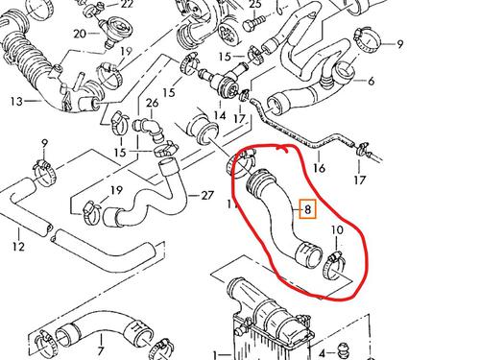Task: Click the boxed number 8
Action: pyautogui.click(x=307, y=209)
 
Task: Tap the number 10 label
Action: pyautogui.click(x=337, y=229)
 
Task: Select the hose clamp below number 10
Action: pyautogui.click(x=334, y=265)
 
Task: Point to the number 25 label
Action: pyautogui.click(x=255, y=5)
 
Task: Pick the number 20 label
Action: pyautogui.click(x=80, y=33)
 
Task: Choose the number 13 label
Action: pyautogui.click(x=16, y=102)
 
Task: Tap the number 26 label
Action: pyautogui.click(x=152, y=103)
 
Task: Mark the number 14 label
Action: pyautogui.click(x=220, y=115)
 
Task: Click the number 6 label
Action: pyautogui.click(x=371, y=81)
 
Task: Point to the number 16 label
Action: pyautogui.click(x=319, y=167)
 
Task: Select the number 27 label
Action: pyautogui.click(x=207, y=195)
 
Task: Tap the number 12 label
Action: pyautogui.click(x=19, y=247)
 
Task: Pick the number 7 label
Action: pyautogui.click(x=101, y=350)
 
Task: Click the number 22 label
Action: pyautogui.click(x=127, y=4)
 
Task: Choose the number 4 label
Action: pyautogui.click(x=322, y=353)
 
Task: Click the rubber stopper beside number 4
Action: pyautogui.click(x=344, y=349)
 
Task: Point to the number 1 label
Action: pyautogui.click(x=216, y=354)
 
